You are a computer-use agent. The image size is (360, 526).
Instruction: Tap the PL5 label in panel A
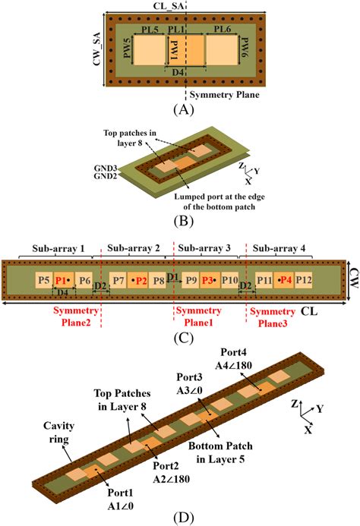click(x=150, y=29)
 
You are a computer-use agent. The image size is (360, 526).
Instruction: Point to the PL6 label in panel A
click(x=222, y=29)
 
